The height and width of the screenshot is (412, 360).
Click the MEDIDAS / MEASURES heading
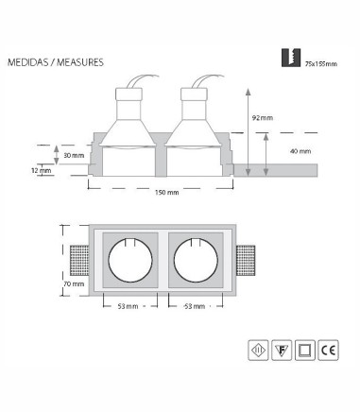click(x=56, y=62)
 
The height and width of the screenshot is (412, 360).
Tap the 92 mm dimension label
click(x=263, y=118)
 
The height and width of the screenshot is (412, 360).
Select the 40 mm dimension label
click(x=300, y=151)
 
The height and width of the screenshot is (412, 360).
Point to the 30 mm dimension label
click(x=74, y=155)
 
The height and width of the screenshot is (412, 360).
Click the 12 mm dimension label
click(x=42, y=171)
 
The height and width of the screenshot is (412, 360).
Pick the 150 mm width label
click(x=167, y=192)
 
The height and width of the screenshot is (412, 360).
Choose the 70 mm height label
click(x=74, y=284)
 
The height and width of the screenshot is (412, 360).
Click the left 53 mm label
click(x=128, y=306)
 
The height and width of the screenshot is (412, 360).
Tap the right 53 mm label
click(x=195, y=306)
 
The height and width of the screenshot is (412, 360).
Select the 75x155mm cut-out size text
click(x=321, y=64)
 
